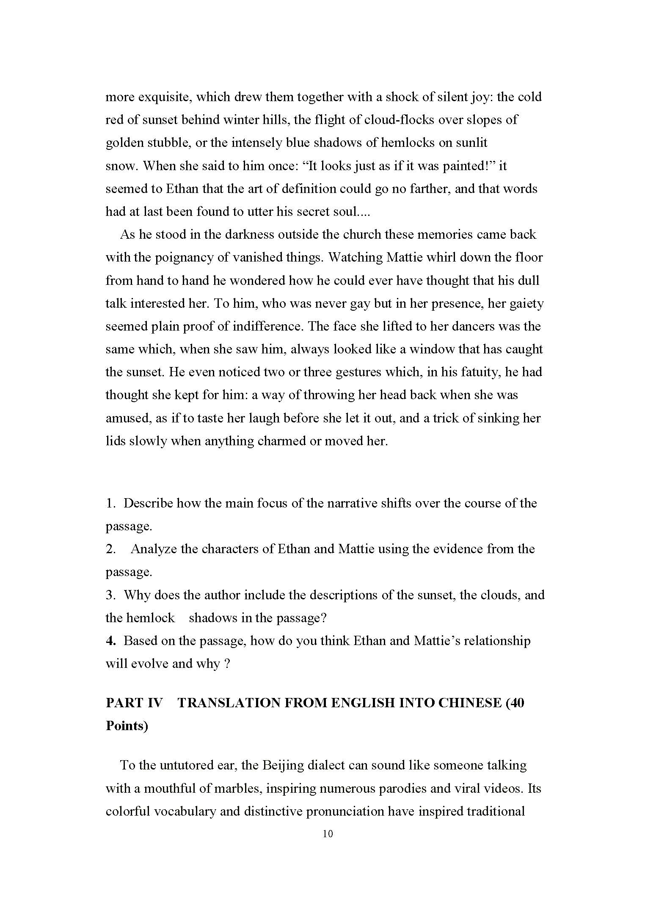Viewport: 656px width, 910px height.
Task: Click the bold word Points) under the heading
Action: (127, 726)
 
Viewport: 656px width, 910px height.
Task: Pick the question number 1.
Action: (110, 503)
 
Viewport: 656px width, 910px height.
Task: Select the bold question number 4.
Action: (110, 641)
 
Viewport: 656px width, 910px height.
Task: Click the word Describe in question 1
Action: (148, 503)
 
